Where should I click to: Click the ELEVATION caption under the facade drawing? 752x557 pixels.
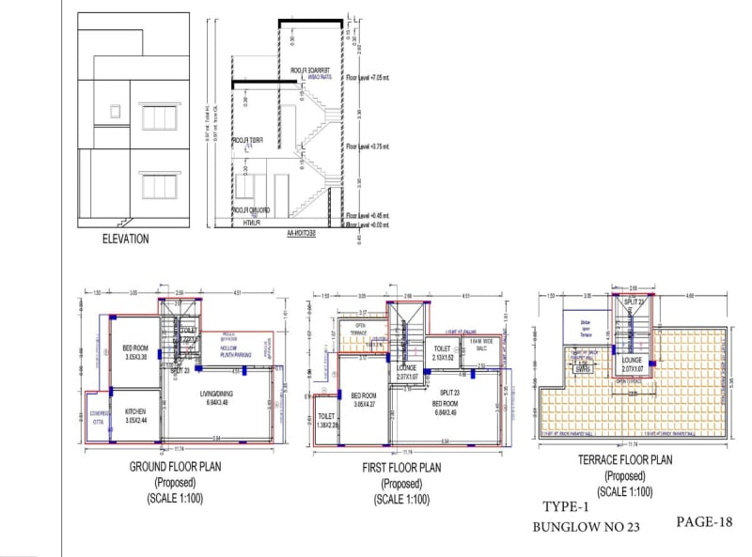point(126,239)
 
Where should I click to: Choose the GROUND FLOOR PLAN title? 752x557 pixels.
point(174,467)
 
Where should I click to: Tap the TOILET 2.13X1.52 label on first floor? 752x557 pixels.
point(445,353)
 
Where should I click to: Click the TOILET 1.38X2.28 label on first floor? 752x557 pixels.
point(326,421)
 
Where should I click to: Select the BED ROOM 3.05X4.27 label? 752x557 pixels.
point(363,399)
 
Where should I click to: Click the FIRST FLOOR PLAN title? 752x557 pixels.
point(401,467)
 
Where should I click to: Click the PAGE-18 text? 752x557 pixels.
point(702,520)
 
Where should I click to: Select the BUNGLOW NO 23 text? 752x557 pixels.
point(586,528)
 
